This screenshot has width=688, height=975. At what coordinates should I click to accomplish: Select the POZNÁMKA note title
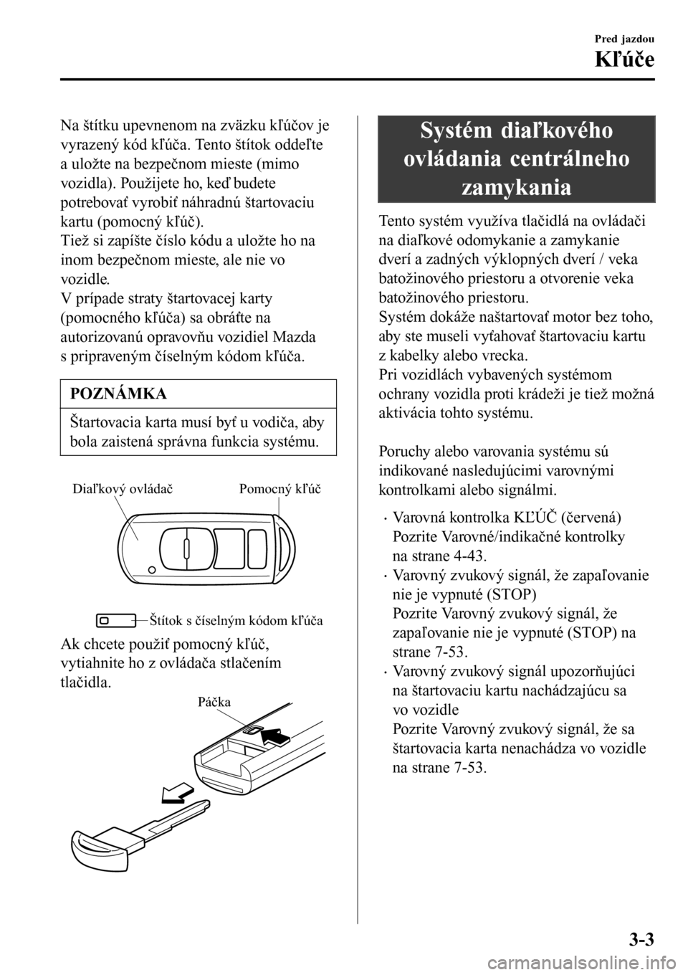[118, 394]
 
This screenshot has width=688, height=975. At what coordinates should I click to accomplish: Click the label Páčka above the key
[215, 702]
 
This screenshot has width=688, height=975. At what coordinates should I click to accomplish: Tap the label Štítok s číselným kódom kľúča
[236, 620]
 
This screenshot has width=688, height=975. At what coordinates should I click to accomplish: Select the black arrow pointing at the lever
[278, 736]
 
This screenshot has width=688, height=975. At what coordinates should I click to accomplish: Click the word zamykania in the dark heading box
[516, 188]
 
